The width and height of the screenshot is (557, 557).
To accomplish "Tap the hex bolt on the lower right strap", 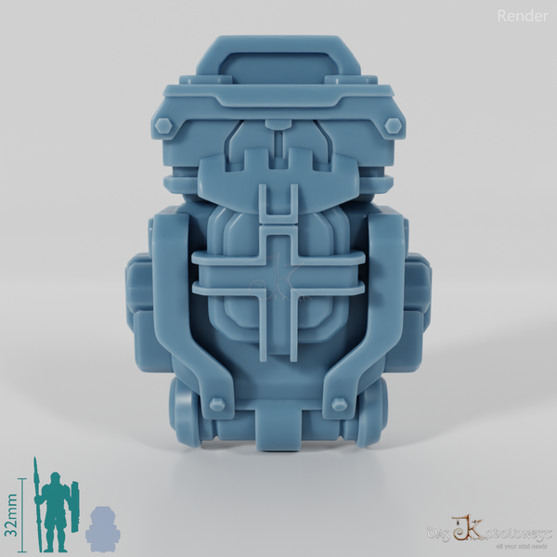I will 338,402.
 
